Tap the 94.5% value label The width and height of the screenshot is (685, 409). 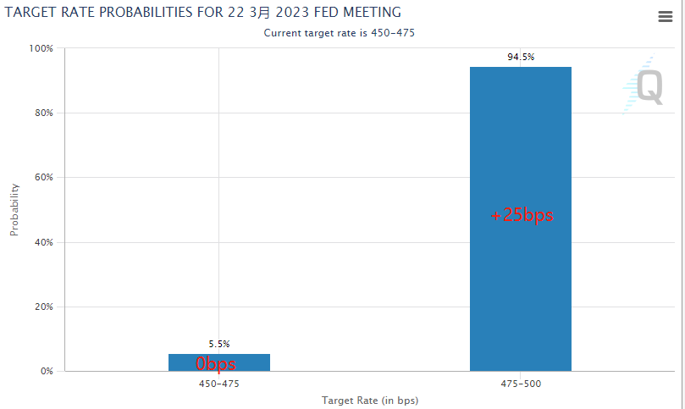521,57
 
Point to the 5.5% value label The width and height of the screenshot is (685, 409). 219,344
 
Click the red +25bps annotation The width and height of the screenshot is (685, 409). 522,215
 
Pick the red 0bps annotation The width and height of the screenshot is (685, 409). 216,364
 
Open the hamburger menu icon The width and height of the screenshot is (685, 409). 665,17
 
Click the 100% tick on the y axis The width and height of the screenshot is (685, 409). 41,49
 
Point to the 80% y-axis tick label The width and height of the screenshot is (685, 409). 43,113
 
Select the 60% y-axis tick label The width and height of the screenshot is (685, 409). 43,178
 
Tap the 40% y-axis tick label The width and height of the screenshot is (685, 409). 43,242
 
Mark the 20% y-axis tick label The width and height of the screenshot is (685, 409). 43,307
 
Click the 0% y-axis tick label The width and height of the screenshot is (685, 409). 46,371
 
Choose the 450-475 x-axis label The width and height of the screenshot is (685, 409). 219,384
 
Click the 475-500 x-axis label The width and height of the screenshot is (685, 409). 521,384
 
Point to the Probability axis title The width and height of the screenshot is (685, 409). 14,209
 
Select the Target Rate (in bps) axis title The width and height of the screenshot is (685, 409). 370,400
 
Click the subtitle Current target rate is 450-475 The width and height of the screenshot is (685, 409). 340,32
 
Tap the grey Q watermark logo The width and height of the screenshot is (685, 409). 649,86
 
